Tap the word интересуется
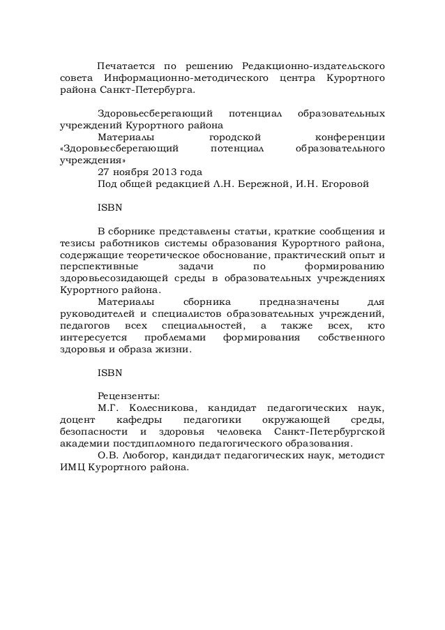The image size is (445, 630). [x=91, y=339]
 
